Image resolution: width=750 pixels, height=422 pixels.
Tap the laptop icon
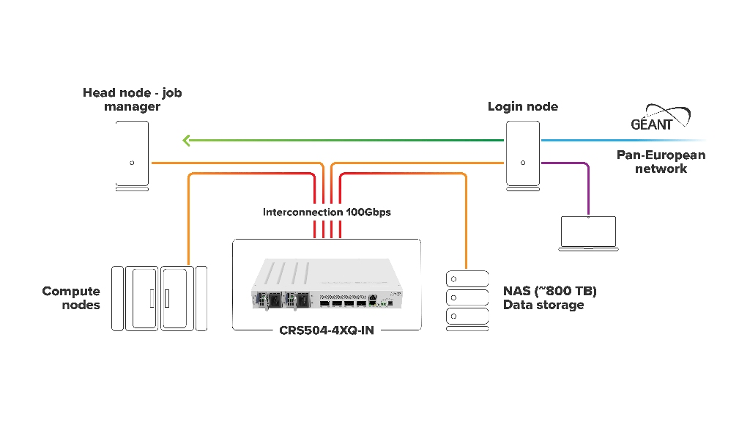[x=588, y=233]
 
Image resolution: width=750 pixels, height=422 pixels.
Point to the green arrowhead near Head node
[x=187, y=140]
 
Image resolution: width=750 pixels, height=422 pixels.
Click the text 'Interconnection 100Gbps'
[x=327, y=212]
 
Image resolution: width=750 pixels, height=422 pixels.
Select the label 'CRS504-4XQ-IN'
[x=327, y=330]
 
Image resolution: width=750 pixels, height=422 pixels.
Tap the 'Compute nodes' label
[x=71, y=298]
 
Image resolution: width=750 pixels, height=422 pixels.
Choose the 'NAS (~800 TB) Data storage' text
[x=550, y=298]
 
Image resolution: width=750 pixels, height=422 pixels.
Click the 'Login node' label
[x=522, y=107]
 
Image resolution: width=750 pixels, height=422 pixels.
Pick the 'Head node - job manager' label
[x=132, y=100]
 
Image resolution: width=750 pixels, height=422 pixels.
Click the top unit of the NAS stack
[x=467, y=279]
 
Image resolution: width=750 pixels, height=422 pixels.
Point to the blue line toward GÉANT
[x=623, y=140]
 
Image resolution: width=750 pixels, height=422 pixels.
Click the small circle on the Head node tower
[x=132, y=163]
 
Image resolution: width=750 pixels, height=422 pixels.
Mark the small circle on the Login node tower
[x=522, y=163]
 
